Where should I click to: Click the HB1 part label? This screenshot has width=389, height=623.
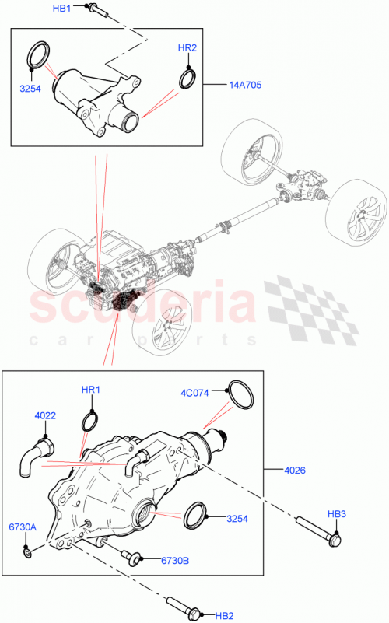point(62,8)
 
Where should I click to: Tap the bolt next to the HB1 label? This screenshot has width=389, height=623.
point(93,9)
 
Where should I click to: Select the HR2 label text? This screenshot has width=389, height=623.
point(187,48)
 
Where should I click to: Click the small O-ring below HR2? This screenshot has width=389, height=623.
point(187,79)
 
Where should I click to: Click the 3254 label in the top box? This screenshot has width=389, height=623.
point(30,89)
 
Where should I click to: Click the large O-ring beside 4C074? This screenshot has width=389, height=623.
point(241,395)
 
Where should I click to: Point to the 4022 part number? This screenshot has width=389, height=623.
point(44,416)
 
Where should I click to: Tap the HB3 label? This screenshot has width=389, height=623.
point(337,513)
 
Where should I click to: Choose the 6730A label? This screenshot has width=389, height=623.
point(22,527)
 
